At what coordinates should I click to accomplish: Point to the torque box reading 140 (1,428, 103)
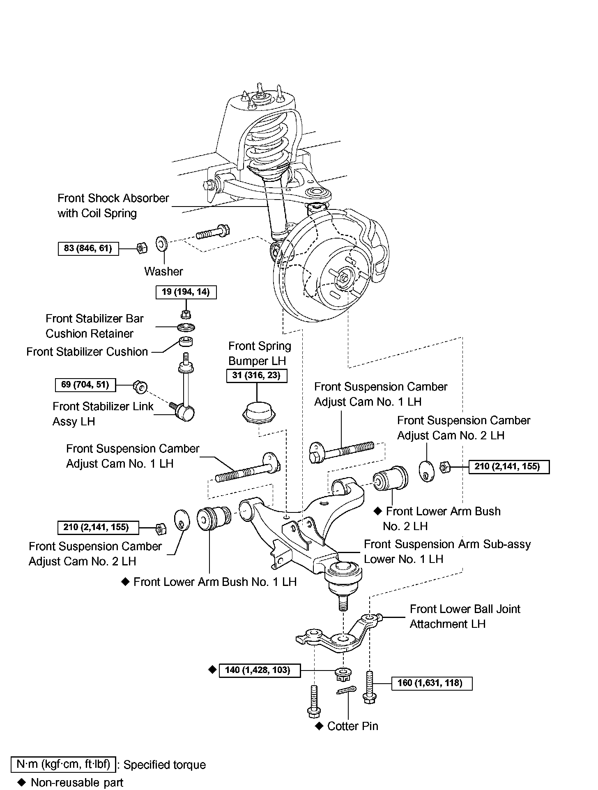(260, 671)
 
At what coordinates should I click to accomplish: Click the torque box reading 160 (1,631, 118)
(432, 683)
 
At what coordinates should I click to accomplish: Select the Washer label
(163, 271)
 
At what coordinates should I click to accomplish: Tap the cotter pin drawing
(345, 691)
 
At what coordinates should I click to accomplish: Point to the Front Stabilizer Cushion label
(87, 352)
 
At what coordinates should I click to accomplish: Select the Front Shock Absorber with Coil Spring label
(113, 206)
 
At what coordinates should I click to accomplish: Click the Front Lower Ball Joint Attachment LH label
(465, 616)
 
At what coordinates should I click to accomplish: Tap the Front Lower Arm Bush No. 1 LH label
(214, 582)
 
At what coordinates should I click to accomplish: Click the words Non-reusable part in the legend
(77, 783)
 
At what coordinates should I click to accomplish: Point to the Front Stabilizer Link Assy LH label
(103, 414)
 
